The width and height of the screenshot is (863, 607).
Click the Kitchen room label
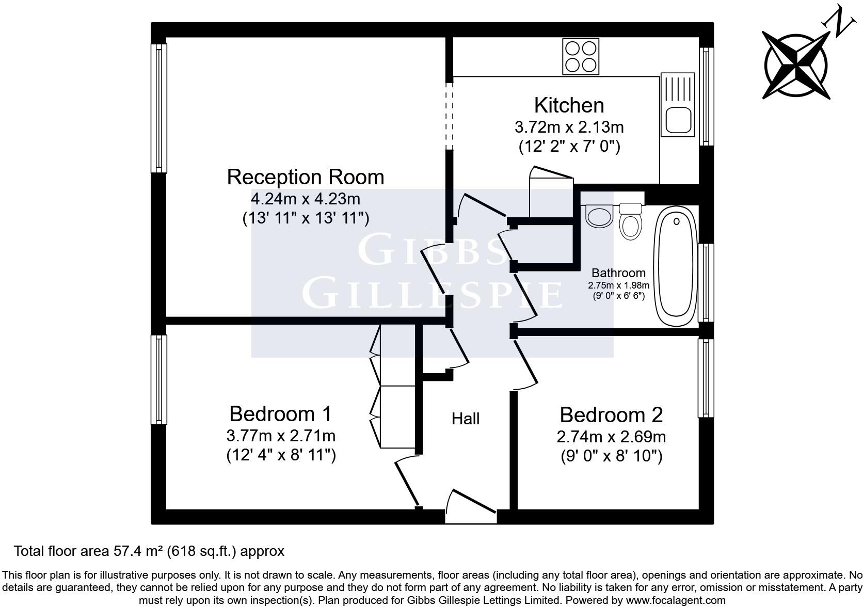point(569,105)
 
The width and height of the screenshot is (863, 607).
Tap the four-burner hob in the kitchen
point(581,57)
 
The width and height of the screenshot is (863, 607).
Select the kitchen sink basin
point(678,120)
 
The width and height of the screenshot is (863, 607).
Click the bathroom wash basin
point(599,216)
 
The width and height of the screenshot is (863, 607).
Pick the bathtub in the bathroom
point(676,266)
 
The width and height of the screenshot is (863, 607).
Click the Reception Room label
point(306,177)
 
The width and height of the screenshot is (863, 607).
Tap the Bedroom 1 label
point(280,414)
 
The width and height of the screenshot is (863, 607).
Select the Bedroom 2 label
point(612,415)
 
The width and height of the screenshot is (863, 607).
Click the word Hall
point(466,419)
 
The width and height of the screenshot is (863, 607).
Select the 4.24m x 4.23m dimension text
point(306,199)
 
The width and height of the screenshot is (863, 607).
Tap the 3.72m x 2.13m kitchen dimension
point(569,127)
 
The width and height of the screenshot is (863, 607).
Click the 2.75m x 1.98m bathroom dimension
point(618,285)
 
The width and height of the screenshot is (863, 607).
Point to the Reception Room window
point(159,108)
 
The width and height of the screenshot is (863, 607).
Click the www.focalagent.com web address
point(676,600)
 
